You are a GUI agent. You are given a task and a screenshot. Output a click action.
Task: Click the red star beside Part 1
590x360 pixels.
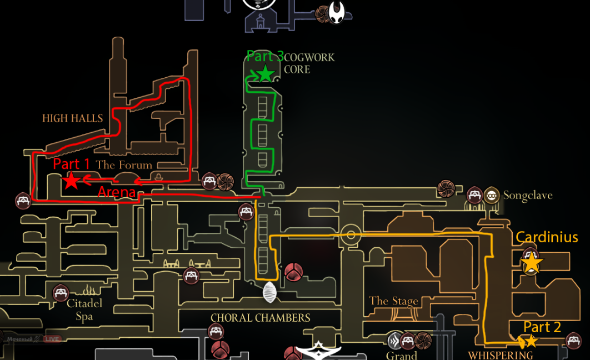click(71, 181)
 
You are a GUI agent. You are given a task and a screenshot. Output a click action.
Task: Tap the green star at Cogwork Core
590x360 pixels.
click(265, 73)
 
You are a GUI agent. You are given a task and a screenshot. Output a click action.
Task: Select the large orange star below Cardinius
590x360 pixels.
click(531, 263)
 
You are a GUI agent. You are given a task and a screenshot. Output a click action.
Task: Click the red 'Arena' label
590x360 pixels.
click(117, 193)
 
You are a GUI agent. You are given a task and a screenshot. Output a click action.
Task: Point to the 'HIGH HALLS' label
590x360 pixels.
click(73, 118)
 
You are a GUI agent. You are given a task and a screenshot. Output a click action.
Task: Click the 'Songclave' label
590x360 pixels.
click(528, 196)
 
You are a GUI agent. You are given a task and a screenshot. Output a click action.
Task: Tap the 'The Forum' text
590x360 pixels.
click(124, 165)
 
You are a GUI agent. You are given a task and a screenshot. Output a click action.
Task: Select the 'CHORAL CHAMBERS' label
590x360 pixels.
click(260, 318)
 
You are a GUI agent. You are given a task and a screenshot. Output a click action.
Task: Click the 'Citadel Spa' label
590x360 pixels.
click(84, 309)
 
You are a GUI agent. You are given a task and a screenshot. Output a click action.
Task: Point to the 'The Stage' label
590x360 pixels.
click(393, 301)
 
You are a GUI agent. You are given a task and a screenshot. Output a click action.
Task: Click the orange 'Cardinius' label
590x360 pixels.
click(547, 237)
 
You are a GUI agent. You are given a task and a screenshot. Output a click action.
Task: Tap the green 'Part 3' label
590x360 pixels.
click(265, 56)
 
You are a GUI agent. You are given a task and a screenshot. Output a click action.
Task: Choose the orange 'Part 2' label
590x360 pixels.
click(542, 327)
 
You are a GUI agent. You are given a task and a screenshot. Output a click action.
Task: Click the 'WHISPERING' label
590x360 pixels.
click(500, 355)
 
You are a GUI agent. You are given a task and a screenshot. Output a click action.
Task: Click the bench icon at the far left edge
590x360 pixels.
click(22, 200)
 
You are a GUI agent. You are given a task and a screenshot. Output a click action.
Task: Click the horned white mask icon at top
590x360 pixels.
click(337, 12)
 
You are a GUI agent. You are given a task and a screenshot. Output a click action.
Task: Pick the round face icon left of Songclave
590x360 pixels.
click(491, 195)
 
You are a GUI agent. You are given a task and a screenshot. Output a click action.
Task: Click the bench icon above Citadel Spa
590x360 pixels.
click(61, 293)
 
